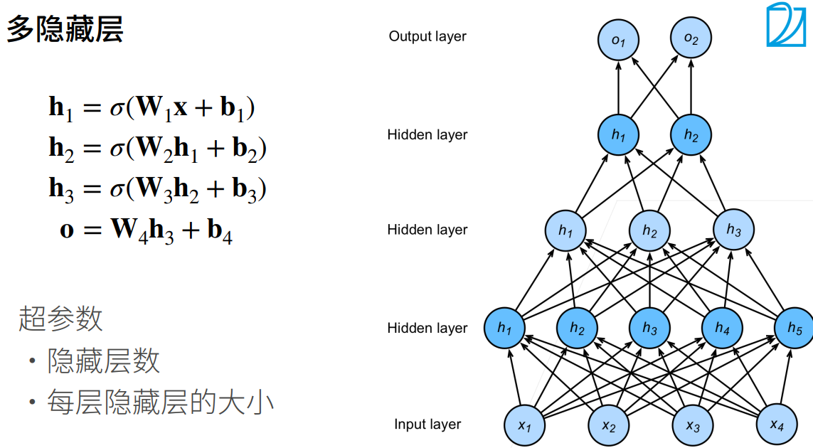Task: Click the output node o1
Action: (618, 40)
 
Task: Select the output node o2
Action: (691, 38)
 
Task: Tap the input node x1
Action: (525, 426)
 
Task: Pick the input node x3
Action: (693, 426)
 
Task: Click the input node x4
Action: (777, 425)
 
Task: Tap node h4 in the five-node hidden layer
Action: (722, 328)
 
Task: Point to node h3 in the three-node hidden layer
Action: (733, 229)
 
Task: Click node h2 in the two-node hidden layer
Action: (691, 135)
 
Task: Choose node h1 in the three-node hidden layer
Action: (565, 230)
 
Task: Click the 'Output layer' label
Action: (427, 36)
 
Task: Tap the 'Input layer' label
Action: (427, 424)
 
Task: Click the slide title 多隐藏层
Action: (65, 29)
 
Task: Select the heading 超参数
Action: (60, 318)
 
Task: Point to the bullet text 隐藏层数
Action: (103, 361)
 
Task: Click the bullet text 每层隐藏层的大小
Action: (160, 402)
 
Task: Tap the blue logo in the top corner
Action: (786, 24)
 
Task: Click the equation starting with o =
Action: (147, 230)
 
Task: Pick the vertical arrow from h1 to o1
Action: (618, 87)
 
